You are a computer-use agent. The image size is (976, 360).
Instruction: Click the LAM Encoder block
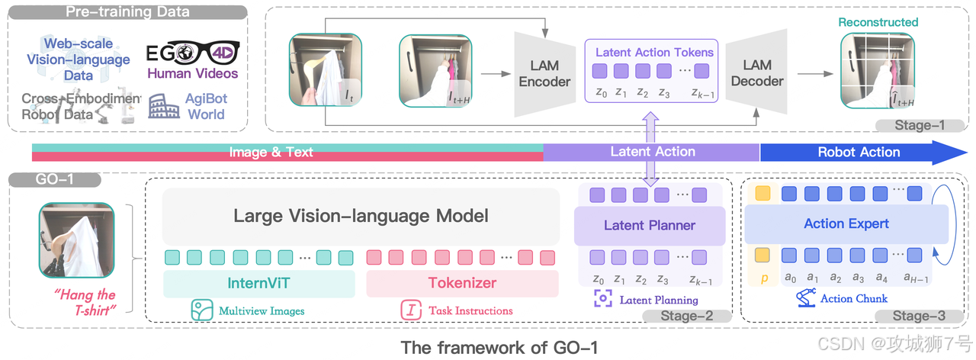tap(544, 73)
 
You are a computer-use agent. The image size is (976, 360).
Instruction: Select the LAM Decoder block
tap(756, 73)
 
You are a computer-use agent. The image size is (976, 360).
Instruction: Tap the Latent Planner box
tap(650, 225)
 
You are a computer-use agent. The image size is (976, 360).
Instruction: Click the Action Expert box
tap(846, 223)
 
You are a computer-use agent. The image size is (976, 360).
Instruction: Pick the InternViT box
tap(259, 284)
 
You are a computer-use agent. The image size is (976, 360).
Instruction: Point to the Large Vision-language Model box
tap(361, 216)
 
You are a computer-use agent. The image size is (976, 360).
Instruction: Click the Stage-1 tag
tap(920, 125)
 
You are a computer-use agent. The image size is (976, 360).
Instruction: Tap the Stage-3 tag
tap(921, 317)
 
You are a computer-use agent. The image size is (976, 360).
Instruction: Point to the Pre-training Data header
tap(127, 12)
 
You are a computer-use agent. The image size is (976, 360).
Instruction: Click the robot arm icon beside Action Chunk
tap(806, 298)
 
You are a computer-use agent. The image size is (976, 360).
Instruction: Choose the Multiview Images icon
tap(201, 310)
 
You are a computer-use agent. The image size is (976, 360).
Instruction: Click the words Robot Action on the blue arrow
tap(859, 152)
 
